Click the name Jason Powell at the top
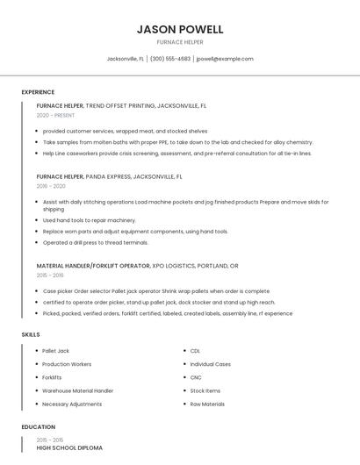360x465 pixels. pos(180,29)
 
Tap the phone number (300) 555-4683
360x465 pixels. pos(170,59)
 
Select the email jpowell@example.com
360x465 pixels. pos(225,59)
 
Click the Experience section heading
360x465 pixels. pos(38,92)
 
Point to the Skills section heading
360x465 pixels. pos(31,334)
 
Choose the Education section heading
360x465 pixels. pos(38,427)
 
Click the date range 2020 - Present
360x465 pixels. pos(55,115)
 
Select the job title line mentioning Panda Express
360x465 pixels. pos(109,176)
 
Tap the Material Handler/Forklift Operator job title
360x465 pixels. pos(137,265)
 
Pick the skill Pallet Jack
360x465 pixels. pos(55,351)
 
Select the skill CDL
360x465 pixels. pos(195,351)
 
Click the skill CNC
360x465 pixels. pos(195,377)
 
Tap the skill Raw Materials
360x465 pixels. pos(207,404)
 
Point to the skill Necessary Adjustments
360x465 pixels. pos(72,404)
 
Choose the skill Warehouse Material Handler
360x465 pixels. pos(77,390)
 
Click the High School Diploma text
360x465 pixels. pos(69,448)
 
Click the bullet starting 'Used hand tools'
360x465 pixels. pos(89,220)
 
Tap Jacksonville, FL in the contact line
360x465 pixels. pos(125,59)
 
